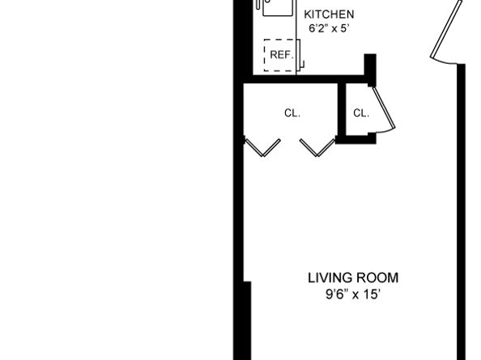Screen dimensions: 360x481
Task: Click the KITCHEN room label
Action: click(x=328, y=15)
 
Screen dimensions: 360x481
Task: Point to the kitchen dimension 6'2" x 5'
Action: click(x=328, y=28)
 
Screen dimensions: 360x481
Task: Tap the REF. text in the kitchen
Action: click(x=280, y=55)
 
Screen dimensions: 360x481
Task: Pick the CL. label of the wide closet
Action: click(x=292, y=113)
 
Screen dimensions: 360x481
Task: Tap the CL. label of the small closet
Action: click(x=361, y=113)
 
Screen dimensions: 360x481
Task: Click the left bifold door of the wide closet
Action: click(x=263, y=146)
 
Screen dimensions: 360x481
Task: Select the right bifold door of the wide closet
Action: click(x=317, y=146)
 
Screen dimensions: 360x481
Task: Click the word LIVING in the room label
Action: click(x=329, y=278)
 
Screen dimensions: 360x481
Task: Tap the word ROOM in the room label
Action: click(x=376, y=278)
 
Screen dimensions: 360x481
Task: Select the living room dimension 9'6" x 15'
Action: click(x=352, y=295)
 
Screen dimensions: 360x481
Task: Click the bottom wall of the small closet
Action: click(x=357, y=140)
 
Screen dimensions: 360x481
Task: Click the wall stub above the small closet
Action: click(x=370, y=68)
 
